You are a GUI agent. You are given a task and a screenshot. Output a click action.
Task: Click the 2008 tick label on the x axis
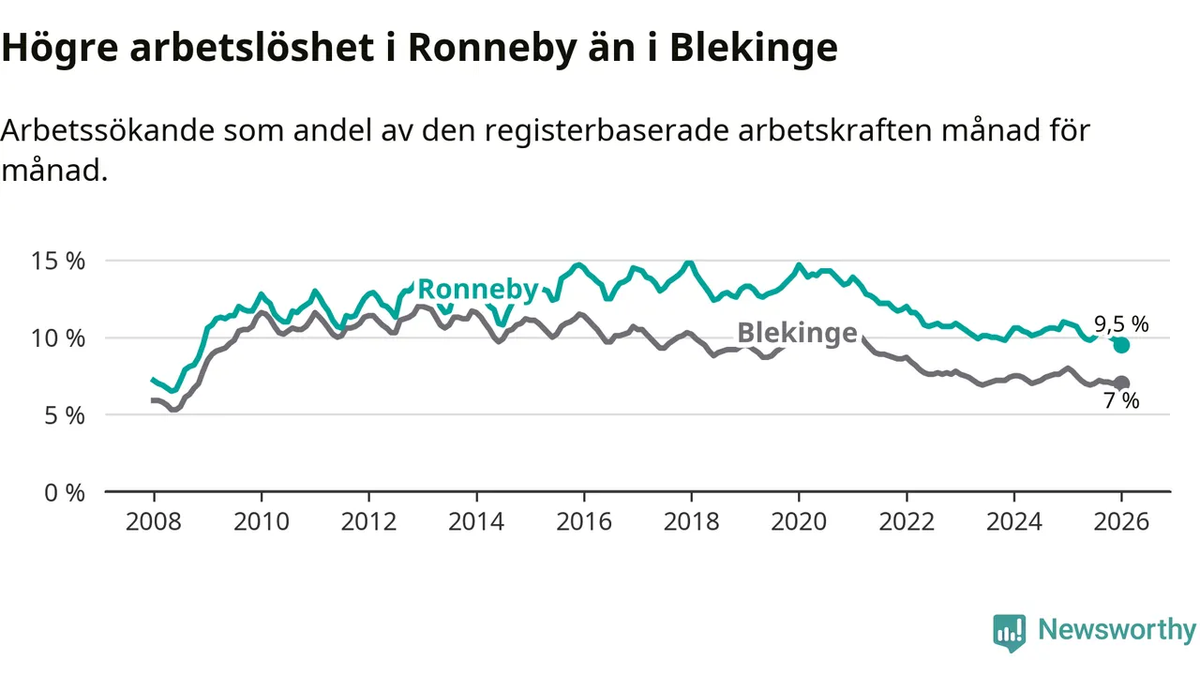(x=154, y=521)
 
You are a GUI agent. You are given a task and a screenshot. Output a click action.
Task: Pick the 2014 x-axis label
(x=476, y=521)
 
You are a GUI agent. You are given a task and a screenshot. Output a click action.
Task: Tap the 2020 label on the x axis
(x=799, y=521)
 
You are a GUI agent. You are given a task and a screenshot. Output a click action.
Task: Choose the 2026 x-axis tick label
(x=1121, y=521)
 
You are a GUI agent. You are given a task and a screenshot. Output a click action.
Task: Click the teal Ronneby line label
(x=477, y=290)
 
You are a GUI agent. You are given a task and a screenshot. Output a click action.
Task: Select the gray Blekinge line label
(x=797, y=333)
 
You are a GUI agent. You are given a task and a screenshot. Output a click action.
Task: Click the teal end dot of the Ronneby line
(x=1121, y=345)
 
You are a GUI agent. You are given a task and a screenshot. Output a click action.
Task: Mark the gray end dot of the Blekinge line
(x=1121, y=382)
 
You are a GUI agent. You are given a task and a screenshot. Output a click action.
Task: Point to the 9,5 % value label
(x=1122, y=324)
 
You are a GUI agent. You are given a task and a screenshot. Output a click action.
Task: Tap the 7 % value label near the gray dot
(x=1121, y=402)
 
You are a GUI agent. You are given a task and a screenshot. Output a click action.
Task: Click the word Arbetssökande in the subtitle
(x=109, y=130)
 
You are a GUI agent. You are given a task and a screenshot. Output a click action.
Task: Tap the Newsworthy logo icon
(x=1010, y=633)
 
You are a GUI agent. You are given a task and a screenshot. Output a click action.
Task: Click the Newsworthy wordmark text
(x=1117, y=630)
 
